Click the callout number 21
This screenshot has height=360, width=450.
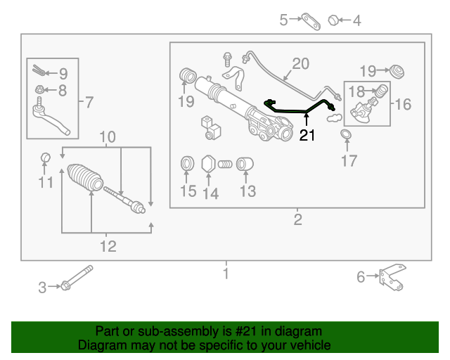[307, 136]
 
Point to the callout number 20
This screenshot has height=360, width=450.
[300, 64]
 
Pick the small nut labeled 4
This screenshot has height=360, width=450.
[335, 20]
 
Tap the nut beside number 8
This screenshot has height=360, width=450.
[41, 89]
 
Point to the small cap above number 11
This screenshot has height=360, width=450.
[45, 156]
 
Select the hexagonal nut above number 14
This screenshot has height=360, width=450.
[209, 165]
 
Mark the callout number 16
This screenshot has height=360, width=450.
[402, 105]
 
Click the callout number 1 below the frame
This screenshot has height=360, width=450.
[226, 273]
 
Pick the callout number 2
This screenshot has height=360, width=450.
[297, 220]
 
